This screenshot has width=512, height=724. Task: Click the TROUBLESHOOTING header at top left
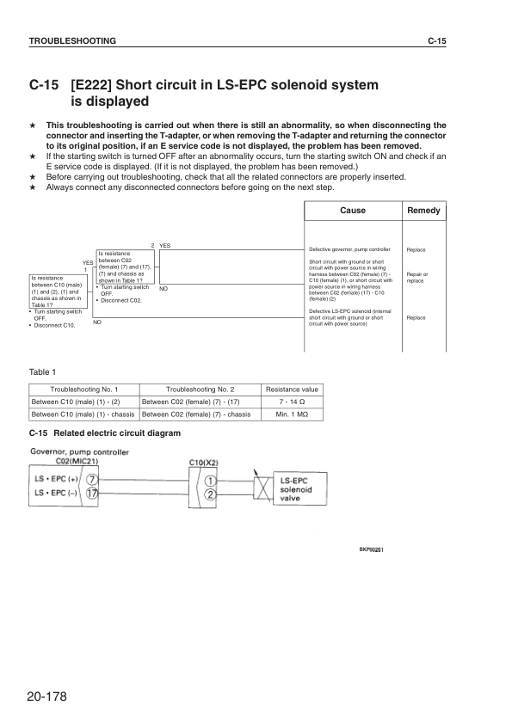[67, 41]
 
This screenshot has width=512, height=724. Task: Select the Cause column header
[353, 211]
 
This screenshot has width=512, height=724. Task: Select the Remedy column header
[423, 211]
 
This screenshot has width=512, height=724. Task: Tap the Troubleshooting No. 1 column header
[83, 389]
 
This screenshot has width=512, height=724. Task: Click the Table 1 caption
[42, 371]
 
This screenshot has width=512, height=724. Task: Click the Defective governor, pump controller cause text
[349, 249]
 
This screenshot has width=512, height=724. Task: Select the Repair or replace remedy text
[416, 278]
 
